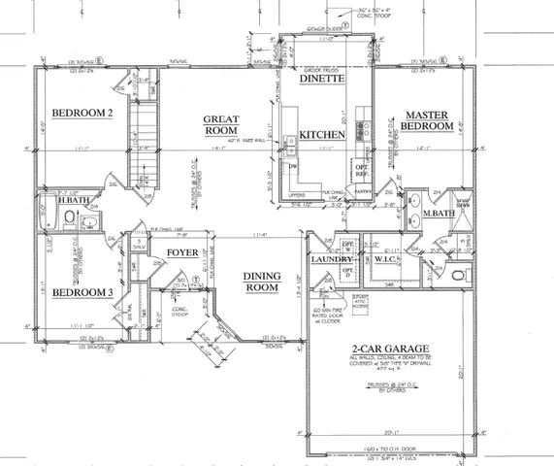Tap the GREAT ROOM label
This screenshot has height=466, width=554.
(x=220, y=124)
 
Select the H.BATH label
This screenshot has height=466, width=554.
(x=69, y=200)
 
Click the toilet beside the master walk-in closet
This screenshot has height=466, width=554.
(x=459, y=276)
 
